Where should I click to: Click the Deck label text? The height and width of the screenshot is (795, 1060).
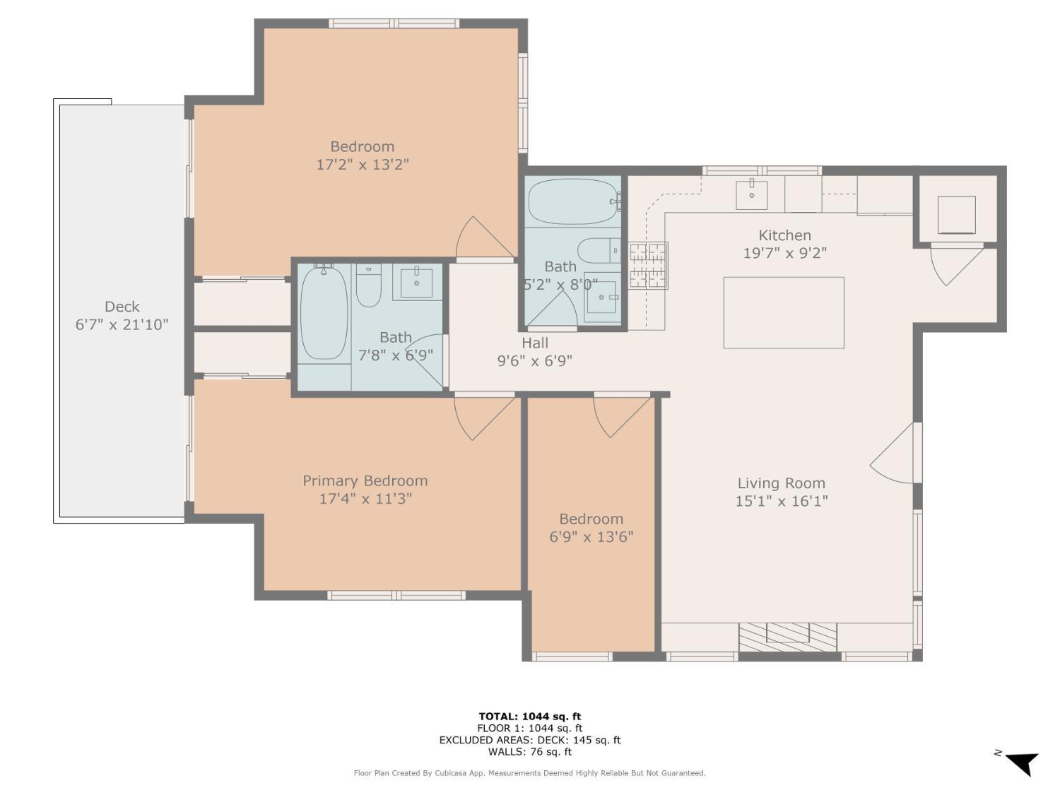(122, 307)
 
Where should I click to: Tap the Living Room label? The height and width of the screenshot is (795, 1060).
(781, 483)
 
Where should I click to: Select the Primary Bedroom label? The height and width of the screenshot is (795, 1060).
(365, 481)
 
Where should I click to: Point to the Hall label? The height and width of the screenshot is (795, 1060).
(534, 343)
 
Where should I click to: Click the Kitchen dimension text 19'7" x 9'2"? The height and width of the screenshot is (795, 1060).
(784, 253)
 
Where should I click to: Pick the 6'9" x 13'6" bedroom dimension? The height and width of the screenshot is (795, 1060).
(591, 537)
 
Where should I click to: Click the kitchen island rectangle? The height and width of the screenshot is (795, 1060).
(783, 312)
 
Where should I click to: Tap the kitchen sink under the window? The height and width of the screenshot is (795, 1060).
(751, 194)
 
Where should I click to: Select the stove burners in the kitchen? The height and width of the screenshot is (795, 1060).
(648, 266)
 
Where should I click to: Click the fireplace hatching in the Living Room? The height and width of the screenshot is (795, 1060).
(788, 637)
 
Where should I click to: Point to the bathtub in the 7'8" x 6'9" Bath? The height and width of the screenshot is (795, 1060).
(324, 313)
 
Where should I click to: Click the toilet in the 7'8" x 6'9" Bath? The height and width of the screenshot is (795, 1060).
(368, 285)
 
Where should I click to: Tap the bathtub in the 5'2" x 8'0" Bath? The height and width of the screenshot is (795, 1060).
(573, 202)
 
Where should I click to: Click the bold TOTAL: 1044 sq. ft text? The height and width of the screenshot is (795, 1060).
(530, 717)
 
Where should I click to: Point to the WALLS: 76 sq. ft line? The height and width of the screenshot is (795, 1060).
(530, 752)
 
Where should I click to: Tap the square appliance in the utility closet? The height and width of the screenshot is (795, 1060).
(956, 215)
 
